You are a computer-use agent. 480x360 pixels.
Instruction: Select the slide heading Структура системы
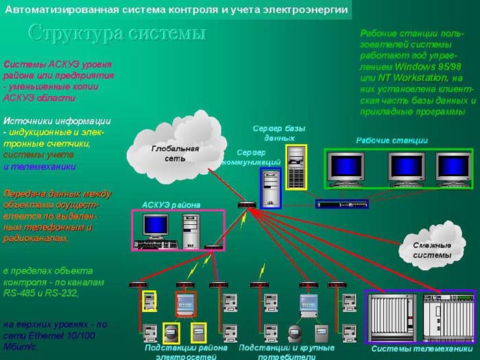(117, 33)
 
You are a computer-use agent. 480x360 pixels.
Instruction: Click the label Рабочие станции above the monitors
(392, 141)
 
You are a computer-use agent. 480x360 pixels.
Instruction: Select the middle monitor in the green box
(406, 168)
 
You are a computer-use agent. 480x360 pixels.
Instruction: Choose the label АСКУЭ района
(171, 204)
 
